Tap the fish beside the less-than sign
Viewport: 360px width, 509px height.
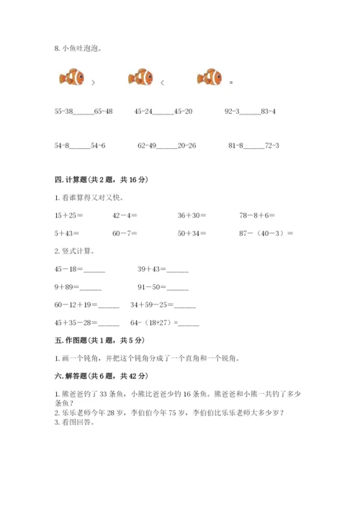(x=140, y=76)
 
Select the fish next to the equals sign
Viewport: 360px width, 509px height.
(x=208, y=76)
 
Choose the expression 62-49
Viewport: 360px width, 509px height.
(x=147, y=145)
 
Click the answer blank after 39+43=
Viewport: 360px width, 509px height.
(x=178, y=270)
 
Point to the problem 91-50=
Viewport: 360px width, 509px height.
(x=153, y=287)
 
